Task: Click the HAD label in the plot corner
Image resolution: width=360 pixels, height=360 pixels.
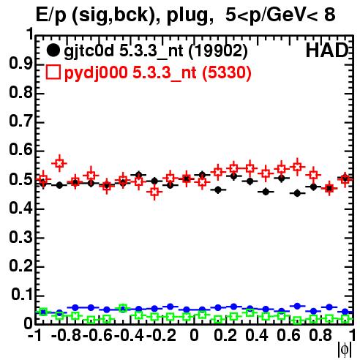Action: [327, 50]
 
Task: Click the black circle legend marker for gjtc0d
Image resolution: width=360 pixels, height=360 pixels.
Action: [53, 50]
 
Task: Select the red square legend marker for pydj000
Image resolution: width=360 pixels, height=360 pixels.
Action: [53, 72]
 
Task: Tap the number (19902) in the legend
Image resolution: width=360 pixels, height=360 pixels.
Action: [218, 51]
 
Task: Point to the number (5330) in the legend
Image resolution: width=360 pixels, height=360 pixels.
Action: [227, 72]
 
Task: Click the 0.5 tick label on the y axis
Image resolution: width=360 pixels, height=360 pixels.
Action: [20, 180]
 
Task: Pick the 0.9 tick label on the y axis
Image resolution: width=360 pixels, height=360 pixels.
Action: [20, 64]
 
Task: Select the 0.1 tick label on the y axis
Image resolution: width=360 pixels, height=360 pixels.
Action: [22, 295]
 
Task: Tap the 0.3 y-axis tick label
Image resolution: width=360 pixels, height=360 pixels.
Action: [20, 237]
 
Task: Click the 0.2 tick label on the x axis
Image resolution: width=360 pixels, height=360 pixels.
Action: [225, 336]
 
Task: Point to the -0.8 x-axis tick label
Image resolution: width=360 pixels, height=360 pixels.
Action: [66, 336]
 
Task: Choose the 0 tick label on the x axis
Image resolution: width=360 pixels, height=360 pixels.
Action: [194, 336]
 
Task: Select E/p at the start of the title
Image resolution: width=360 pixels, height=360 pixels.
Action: [50, 15]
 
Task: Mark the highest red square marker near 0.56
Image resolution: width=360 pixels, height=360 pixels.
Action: [59, 163]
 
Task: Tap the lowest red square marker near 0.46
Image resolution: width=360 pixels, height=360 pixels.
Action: [154, 192]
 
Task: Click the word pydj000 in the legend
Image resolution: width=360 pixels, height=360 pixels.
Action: [96, 73]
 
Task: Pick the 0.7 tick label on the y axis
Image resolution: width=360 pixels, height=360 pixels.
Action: [20, 121]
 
